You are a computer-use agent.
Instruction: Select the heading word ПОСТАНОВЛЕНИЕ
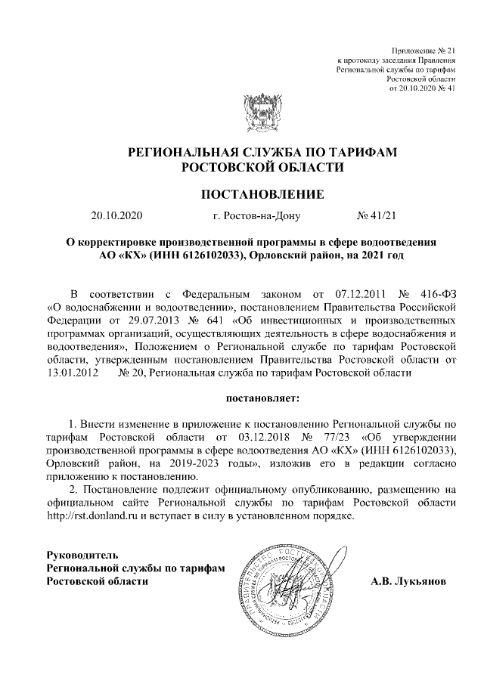(262, 194)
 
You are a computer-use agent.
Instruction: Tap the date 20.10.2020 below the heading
(116, 216)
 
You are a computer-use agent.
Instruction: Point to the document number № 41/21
(376, 216)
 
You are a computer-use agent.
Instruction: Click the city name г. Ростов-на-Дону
(257, 216)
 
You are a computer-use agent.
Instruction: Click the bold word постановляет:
(262, 396)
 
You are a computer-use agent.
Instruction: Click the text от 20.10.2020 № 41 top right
(422, 88)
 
